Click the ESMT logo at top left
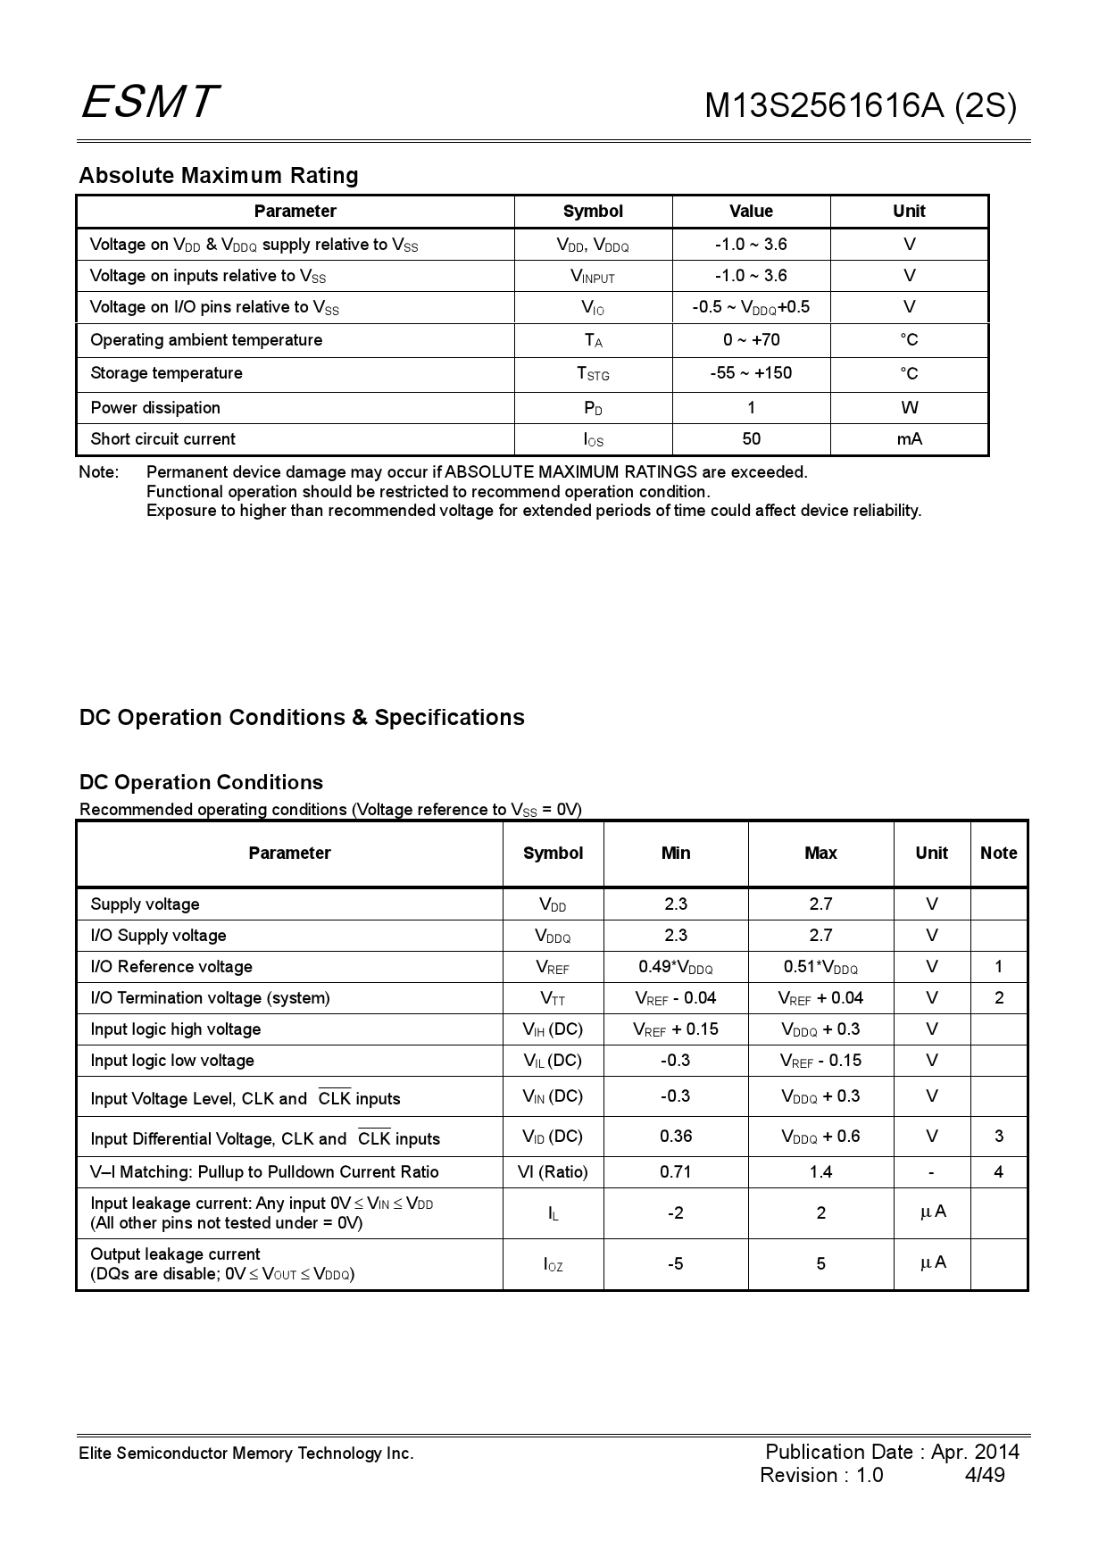click(150, 102)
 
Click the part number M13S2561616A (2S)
click(860, 106)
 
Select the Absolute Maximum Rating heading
click(219, 175)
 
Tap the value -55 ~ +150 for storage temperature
click(751, 373)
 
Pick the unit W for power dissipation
click(909, 408)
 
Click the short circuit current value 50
click(751, 439)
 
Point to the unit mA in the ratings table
click(909, 439)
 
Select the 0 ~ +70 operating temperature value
click(751, 340)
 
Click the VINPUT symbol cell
click(593, 277)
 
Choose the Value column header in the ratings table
click(751, 212)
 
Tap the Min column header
click(676, 854)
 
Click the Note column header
click(998, 854)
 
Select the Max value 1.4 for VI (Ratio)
click(820, 1172)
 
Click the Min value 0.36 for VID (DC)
click(676, 1137)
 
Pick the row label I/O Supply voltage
click(158, 936)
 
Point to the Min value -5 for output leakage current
click(676, 1264)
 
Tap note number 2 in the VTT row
click(998, 998)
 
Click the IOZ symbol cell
click(553, 1264)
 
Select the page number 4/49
click(985, 1475)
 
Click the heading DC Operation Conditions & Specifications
click(302, 718)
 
